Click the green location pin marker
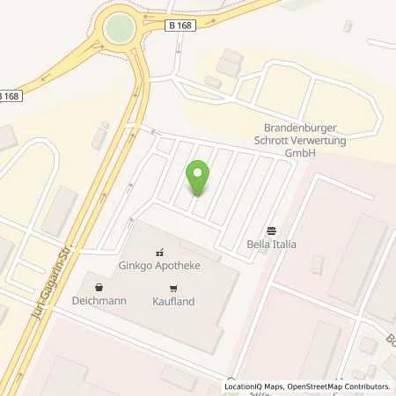198,176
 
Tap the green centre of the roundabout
118,28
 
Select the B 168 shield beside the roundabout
180,26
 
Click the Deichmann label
99,301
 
